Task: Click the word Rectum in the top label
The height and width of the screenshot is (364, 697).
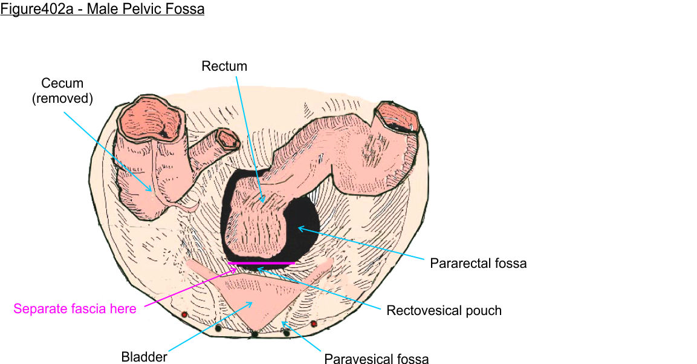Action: (224, 67)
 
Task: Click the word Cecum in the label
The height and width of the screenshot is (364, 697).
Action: (62, 83)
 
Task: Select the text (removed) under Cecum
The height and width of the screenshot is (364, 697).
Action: (62, 99)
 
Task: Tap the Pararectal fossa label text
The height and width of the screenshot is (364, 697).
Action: (478, 264)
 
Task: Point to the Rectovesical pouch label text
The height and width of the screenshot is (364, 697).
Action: (444, 311)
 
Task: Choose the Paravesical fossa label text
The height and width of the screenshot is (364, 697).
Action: (377, 359)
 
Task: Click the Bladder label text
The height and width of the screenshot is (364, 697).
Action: (144, 357)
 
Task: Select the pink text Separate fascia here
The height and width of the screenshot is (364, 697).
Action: (75, 309)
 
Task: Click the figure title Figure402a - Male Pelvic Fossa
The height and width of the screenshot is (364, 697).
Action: (102, 10)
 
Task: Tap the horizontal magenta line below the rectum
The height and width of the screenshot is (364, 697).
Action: (262, 264)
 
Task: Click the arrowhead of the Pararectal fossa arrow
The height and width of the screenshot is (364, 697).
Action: (299, 228)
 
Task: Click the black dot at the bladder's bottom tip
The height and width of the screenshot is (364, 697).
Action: (255, 334)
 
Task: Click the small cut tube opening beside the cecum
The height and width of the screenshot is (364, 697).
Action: (229, 140)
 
